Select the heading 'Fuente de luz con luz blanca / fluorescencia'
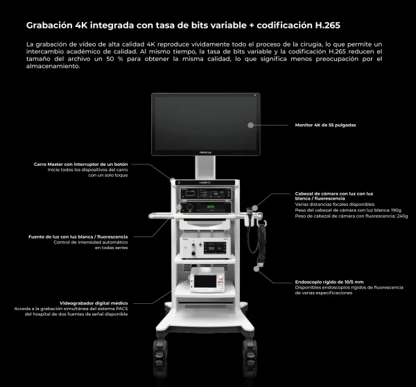78,237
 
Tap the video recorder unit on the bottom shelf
205,282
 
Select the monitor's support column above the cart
204,166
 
